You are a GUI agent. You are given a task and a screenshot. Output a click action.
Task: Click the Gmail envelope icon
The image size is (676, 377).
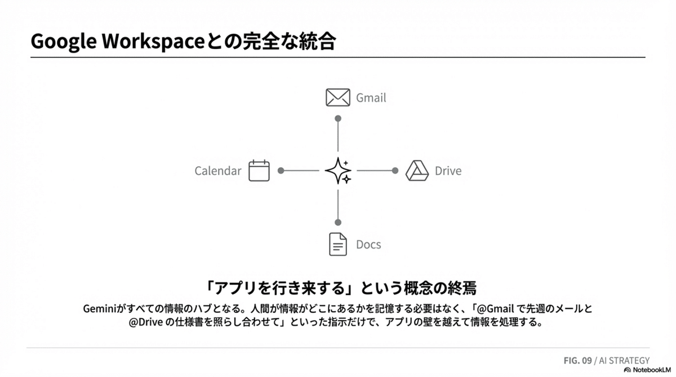click(338, 97)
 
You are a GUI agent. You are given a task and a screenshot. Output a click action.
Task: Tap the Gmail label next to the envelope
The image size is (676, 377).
click(371, 98)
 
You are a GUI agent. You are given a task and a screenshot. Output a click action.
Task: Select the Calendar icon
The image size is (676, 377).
click(259, 170)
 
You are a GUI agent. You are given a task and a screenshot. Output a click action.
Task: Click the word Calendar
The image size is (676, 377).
click(218, 171)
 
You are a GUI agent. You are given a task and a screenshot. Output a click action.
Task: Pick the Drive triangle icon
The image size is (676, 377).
click(417, 170)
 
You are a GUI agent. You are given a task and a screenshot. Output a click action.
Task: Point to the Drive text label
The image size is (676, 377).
click(448, 171)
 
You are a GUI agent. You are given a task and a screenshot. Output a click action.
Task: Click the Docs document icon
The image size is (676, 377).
click(337, 244)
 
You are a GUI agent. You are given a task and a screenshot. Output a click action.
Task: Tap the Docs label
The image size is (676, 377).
click(368, 245)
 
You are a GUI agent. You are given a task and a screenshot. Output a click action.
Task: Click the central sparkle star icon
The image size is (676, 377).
click(338, 170)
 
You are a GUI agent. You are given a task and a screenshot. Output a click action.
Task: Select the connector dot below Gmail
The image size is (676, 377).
click(338, 118)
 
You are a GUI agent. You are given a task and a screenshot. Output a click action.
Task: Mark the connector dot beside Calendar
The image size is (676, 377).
click(281, 170)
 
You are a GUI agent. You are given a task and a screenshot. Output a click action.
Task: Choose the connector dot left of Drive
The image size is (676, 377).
click(395, 170)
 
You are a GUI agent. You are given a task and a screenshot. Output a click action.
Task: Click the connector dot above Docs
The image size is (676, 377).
click(338, 222)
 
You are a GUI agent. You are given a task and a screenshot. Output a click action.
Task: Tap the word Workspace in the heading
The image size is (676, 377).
click(150, 42)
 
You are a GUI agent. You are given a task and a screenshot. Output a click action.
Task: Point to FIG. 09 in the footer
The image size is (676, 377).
click(577, 361)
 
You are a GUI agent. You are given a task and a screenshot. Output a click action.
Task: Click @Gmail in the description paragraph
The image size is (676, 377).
click(497, 309)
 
